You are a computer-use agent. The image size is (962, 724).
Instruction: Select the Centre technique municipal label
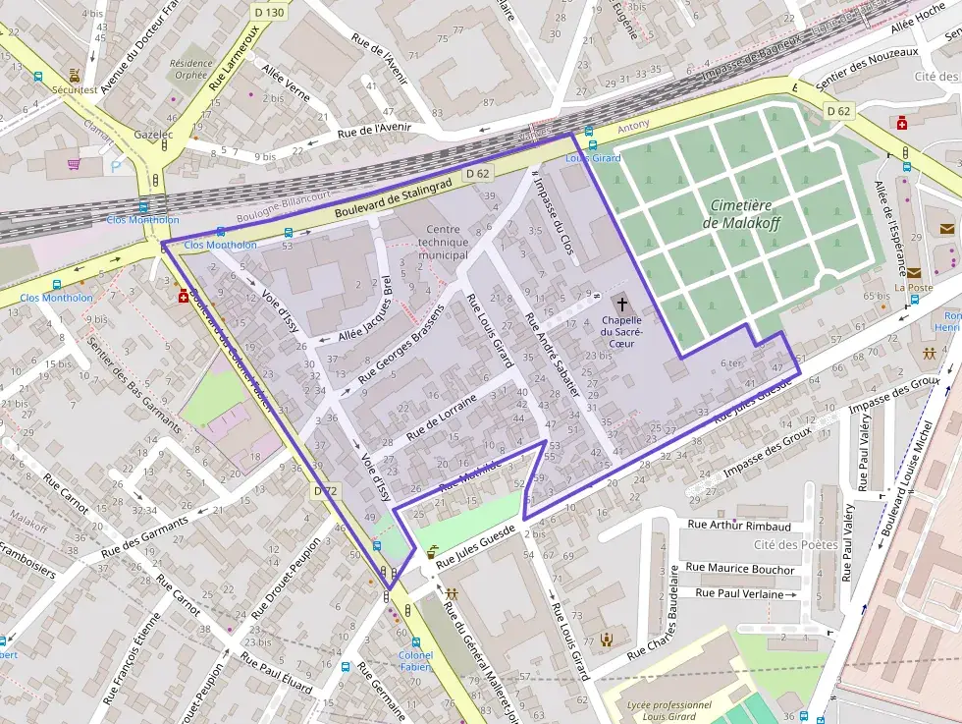443,242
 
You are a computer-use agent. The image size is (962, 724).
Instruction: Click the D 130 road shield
268,12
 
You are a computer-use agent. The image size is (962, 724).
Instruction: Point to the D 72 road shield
325,490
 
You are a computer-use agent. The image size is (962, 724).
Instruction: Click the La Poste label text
912,288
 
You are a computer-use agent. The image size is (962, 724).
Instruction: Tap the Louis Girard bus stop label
593,158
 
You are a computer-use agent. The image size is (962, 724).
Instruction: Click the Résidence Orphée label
189,69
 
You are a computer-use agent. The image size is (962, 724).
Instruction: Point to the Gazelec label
153,134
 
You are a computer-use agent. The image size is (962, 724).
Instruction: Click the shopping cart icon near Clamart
74,164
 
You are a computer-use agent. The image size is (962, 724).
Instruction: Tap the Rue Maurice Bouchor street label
739,568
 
